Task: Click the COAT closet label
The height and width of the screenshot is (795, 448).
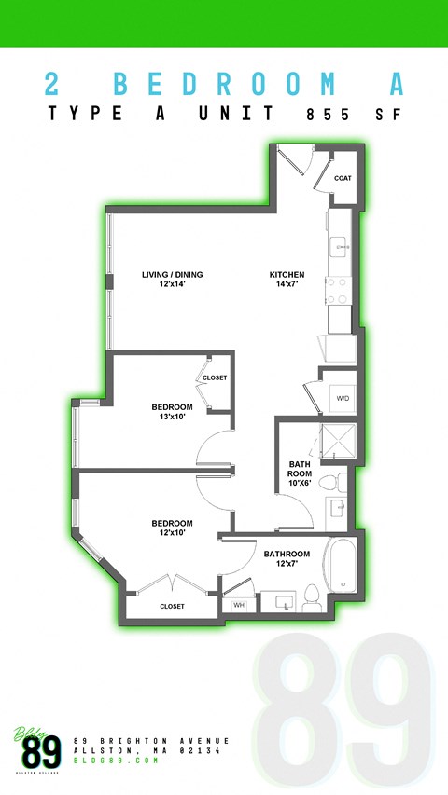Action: [343, 178]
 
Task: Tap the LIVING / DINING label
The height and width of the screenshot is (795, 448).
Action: [172, 275]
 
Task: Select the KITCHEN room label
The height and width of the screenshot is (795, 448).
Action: [287, 275]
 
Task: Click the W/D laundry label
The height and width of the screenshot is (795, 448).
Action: [343, 399]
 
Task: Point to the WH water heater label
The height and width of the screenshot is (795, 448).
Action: [238, 606]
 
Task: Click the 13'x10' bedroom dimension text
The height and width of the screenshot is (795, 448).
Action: [172, 417]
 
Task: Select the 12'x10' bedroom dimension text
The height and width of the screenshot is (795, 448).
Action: [172, 533]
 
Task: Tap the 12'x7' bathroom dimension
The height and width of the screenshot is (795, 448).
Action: [286, 564]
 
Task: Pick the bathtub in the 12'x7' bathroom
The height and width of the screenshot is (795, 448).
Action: [338, 570]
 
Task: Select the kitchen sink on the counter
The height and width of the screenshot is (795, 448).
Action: [338, 247]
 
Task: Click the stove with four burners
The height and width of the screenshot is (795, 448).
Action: [337, 290]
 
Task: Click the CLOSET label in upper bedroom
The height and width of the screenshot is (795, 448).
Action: [216, 377]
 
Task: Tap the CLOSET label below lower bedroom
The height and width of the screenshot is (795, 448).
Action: [172, 606]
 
